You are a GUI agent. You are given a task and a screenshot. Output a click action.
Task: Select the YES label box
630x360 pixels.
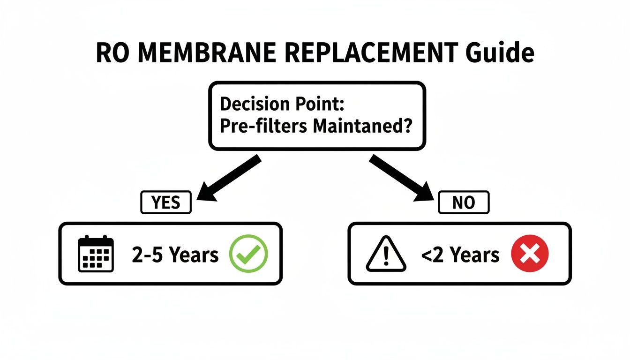(x=166, y=202)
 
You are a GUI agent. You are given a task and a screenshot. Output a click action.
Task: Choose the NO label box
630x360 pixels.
(x=463, y=202)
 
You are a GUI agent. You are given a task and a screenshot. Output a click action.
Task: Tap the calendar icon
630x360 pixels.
(x=96, y=254)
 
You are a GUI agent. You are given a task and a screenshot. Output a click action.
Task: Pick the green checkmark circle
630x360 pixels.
(x=248, y=254)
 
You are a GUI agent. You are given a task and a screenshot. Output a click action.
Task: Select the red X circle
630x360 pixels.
(x=530, y=255)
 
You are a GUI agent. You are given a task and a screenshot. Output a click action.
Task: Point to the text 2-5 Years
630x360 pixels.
(x=175, y=255)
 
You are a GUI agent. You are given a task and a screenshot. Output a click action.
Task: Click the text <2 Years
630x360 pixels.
(x=460, y=255)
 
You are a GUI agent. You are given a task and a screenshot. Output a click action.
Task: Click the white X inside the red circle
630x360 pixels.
(x=530, y=255)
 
